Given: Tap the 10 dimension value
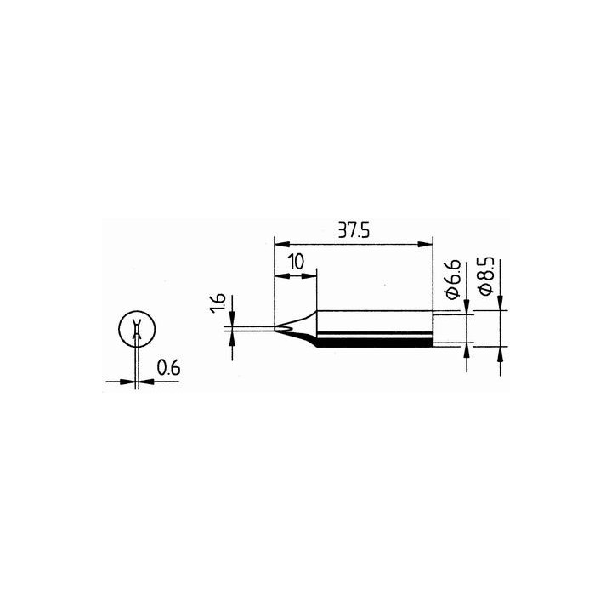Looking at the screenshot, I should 295,262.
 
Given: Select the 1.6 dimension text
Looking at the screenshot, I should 218,303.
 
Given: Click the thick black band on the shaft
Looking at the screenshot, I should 374,342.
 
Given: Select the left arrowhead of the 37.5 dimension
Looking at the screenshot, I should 280,245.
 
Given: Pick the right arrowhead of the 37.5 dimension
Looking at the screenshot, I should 426,245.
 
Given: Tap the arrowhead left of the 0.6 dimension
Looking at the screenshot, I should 130,381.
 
